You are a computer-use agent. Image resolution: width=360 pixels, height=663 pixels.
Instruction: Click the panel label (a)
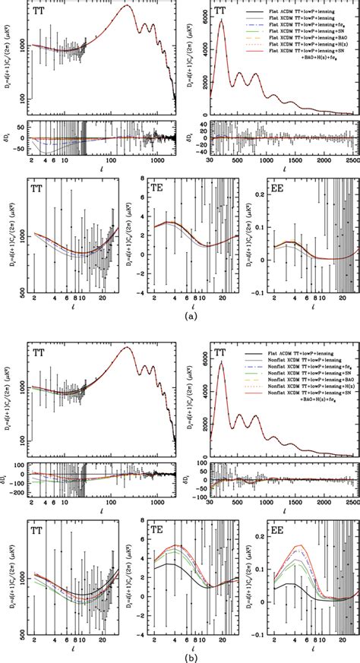point(180,321)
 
